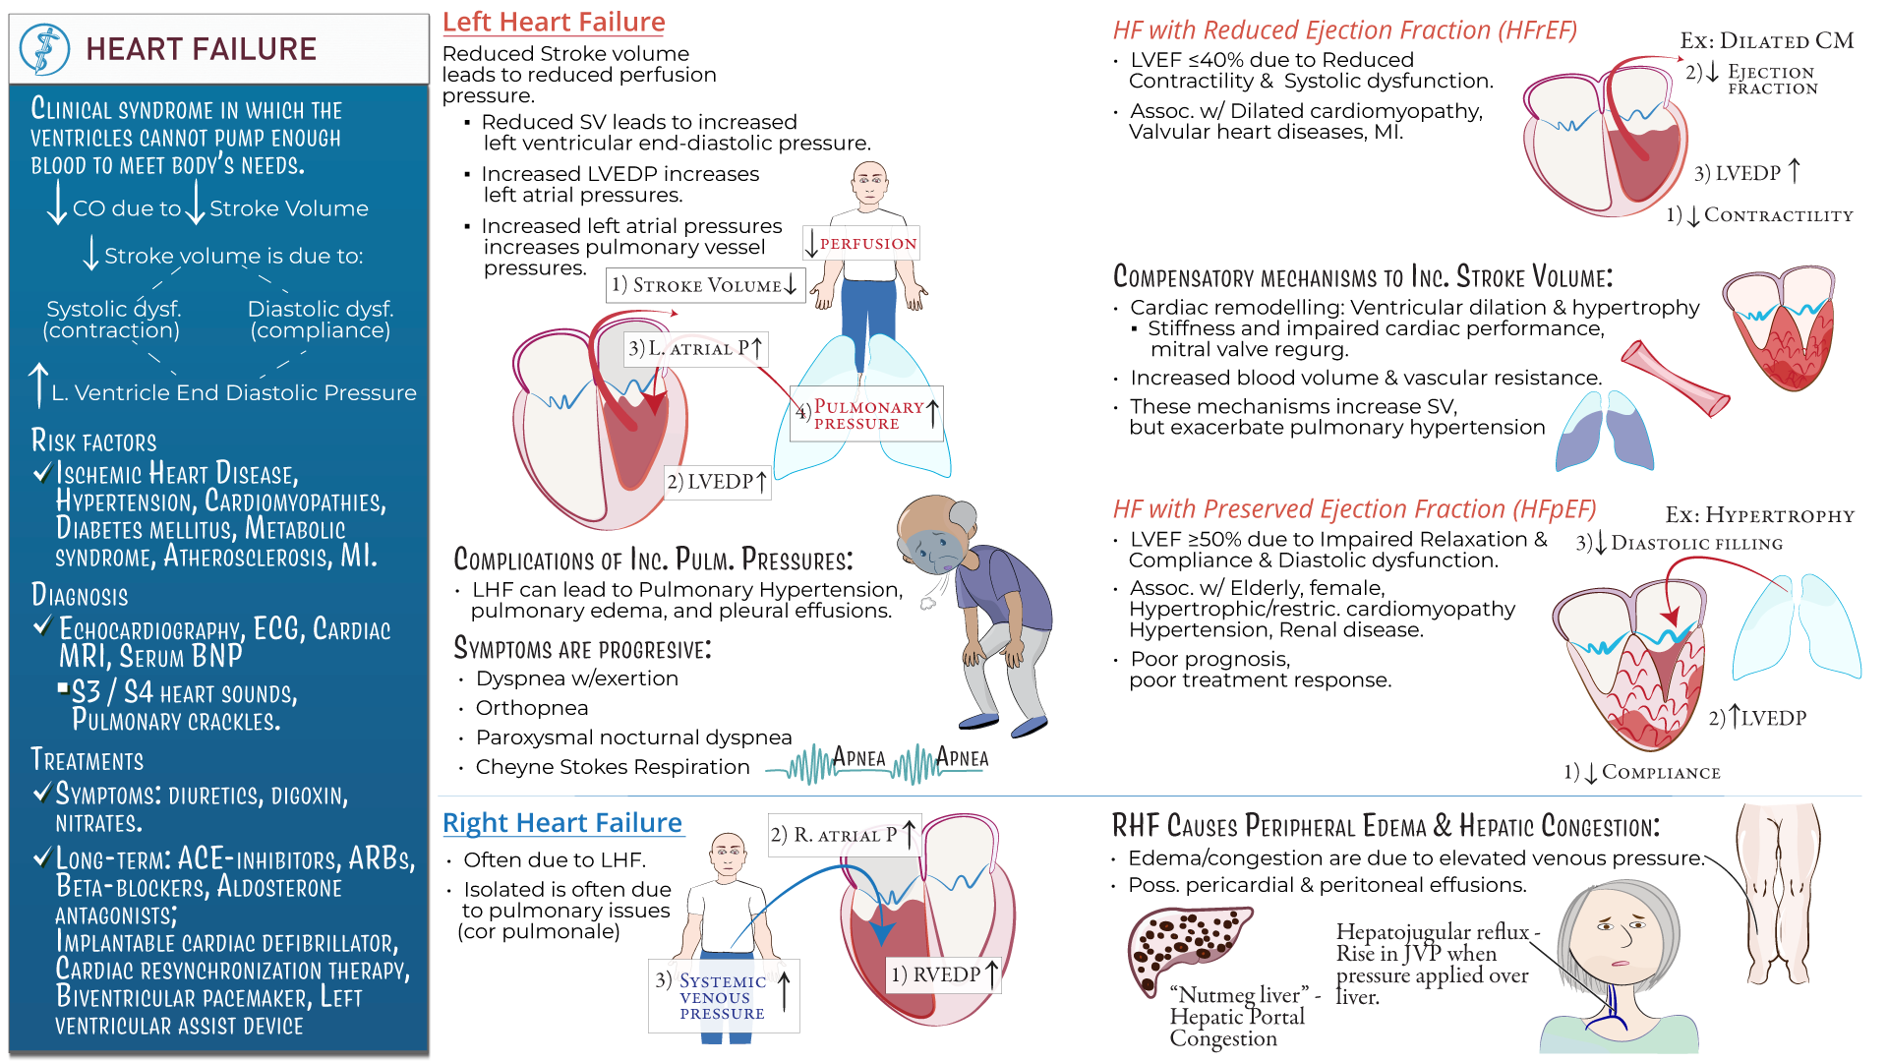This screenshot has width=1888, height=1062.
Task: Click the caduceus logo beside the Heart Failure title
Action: click(44, 49)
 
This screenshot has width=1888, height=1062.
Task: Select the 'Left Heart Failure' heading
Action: click(554, 22)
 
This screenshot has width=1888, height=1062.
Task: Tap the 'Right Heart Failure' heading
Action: click(562, 823)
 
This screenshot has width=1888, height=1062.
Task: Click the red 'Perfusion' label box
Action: click(862, 243)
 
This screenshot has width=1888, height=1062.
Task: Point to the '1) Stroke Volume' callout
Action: click(704, 285)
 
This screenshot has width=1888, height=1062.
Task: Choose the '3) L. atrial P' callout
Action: click(696, 348)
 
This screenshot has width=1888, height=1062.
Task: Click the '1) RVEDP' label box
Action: click(943, 974)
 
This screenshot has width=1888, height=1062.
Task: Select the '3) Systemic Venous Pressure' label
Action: click(723, 996)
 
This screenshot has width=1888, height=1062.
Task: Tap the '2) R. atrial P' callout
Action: click(844, 835)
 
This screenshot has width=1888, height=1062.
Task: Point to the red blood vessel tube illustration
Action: click(1675, 380)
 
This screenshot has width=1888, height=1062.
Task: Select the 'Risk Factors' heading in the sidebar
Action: click(94, 442)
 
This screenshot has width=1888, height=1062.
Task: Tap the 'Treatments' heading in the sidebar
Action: click(88, 760)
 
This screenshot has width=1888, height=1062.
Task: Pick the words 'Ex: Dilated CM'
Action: click(1766, 41)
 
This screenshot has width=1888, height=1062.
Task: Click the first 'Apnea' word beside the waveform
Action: click(858, 758)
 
